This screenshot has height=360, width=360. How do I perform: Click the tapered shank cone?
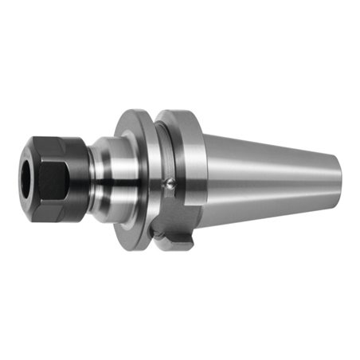click(263, 179)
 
